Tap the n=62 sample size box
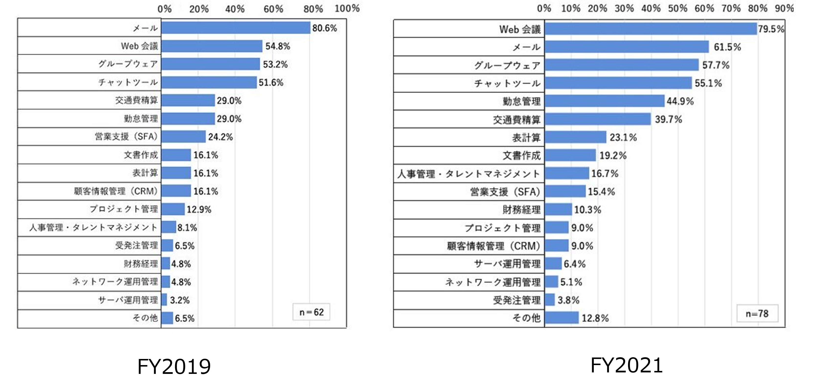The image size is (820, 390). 311,312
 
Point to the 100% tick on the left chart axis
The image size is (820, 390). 347,9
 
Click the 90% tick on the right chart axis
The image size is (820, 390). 784,9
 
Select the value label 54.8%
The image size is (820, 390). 278,46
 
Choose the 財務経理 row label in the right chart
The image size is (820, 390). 521,210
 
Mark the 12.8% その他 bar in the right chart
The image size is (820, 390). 562,318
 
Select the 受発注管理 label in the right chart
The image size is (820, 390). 517,300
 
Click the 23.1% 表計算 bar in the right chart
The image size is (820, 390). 575,137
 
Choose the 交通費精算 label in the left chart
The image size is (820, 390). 136,100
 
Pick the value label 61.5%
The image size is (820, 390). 727,47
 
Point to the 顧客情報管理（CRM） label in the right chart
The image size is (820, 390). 494,246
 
